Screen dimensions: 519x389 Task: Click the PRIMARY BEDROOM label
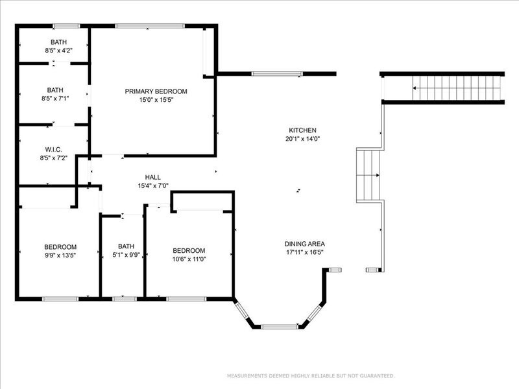click(x=156, y=91)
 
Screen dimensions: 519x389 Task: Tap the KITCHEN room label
click(x=302, y=130)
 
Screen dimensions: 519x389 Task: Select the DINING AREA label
click(x=304, y=244)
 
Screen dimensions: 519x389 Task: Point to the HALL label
click(x=153, y=177)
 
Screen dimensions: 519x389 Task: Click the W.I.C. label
click(x=54, y=150)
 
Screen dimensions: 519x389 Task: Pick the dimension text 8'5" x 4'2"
click(x=58, y=51)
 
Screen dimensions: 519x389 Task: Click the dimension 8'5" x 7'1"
click(x=55, y=99)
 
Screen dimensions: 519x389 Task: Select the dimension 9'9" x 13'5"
click(x=60, y=255)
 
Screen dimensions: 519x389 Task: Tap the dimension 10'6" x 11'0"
click(x=189, y=259)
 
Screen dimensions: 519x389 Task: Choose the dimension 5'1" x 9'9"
click(x=126, y=255)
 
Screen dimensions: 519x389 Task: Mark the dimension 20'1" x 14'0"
click(x=302, y=139)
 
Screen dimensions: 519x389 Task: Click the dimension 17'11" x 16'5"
click(x=304, y=252)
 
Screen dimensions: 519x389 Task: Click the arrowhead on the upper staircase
click(x=415, y=88)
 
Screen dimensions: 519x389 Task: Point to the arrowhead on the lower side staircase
click(x=378, y=175)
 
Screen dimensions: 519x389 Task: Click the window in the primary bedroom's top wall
click(x=150, y=26)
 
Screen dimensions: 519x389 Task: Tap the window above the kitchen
click(x=277, y=74)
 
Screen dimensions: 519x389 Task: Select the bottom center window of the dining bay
click(x=280, y=327)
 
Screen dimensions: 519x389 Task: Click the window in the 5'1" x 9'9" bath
click(x=125, y=299)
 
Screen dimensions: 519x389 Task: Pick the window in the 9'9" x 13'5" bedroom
click(x=60, y=299)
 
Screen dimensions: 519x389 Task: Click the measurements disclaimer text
click(x=311, y=376)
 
